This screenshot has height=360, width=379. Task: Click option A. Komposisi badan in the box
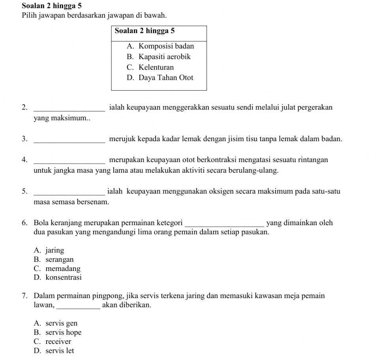(160, 46)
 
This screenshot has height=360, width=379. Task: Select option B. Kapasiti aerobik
(159, 57)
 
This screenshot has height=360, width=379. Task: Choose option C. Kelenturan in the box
(150, 67)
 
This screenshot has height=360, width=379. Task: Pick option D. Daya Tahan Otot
(160, 78)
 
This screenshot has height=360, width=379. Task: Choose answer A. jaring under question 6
(49, 250)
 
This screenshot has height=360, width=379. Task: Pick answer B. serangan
(54, 260)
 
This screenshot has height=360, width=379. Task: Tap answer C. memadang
(58, 269)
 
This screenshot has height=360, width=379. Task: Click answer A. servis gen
(56, 324)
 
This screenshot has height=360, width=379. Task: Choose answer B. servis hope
(58, 333)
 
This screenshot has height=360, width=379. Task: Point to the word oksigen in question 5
(248, 192)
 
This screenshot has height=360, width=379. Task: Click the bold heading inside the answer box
(145, 31)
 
